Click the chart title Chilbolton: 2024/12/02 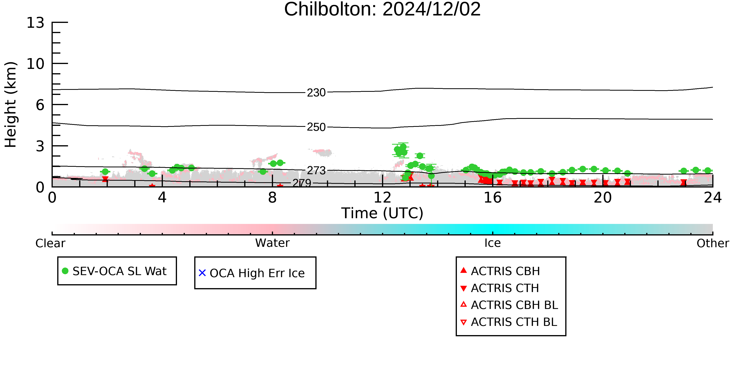382,9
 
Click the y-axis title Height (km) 11,105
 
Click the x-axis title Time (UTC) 382,213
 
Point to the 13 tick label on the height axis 35,23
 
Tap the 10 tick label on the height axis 35,64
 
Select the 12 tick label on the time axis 382,198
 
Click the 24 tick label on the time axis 713,198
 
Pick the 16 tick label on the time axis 493,198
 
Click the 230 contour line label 316,93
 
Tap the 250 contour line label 316,127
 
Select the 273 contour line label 316,170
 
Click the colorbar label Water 272,243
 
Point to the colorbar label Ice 493,243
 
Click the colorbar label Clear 50,243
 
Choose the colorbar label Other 713,243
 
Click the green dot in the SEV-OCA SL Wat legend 65,271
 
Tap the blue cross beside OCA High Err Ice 202,273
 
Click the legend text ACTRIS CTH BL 514,322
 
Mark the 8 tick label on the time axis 272,198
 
